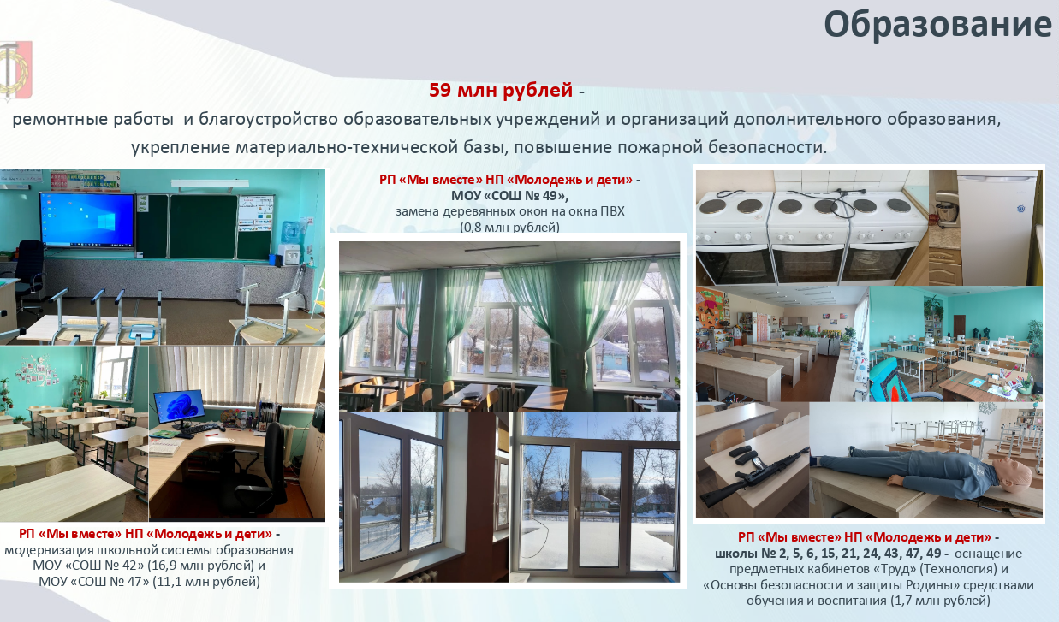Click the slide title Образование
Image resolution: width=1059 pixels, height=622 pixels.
(x=938, y=25)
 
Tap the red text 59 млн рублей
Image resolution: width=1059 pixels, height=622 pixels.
(x=501, y=90)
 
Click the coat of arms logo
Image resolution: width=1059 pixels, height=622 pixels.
(x=15, y=71)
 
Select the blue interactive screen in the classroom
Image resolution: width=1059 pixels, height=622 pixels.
(x=87, y=220)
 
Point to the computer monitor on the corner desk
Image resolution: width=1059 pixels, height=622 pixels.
(x=179, y=406)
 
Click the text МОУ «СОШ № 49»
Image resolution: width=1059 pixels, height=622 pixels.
(x=509, y=195)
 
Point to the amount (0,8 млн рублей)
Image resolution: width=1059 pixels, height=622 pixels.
(x=509, y=227)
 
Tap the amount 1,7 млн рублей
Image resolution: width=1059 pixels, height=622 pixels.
(x=940, y=601)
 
